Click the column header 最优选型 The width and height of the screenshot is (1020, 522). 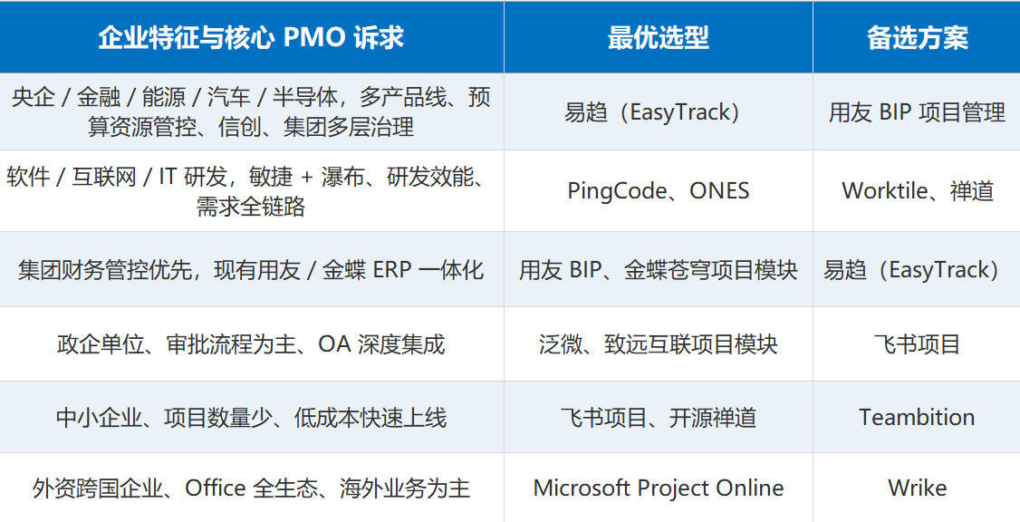[659, 38]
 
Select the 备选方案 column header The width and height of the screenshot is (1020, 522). [918, 38]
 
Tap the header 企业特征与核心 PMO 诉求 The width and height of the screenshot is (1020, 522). [251, 38]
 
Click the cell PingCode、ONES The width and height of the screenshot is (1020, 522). [659, 190]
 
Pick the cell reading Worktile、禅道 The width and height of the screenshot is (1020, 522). [918, 190]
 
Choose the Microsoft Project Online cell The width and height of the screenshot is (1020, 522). [659, 488]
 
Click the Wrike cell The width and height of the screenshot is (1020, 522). [918, 488]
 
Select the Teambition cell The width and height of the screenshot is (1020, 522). [918, 417]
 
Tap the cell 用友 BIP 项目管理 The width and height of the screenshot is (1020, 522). [918, 112]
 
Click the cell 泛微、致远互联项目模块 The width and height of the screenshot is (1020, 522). [659, 343]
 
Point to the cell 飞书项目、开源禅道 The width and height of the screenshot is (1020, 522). [659, 417]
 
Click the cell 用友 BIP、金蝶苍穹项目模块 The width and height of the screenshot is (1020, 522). [659, 269]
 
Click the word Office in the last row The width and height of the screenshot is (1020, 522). [216, 488]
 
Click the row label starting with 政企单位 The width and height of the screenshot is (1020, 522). [251, 343]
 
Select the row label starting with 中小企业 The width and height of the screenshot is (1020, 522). [251, 417]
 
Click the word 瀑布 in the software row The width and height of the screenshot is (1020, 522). [342, 177]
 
